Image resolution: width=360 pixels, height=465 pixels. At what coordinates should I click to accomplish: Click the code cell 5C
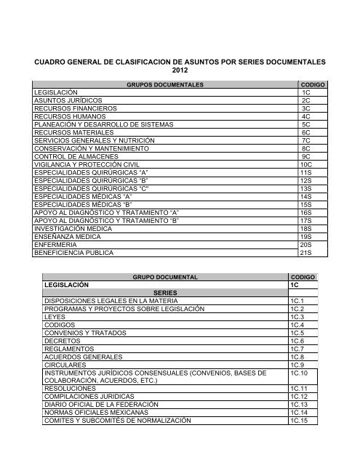point(306,145)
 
